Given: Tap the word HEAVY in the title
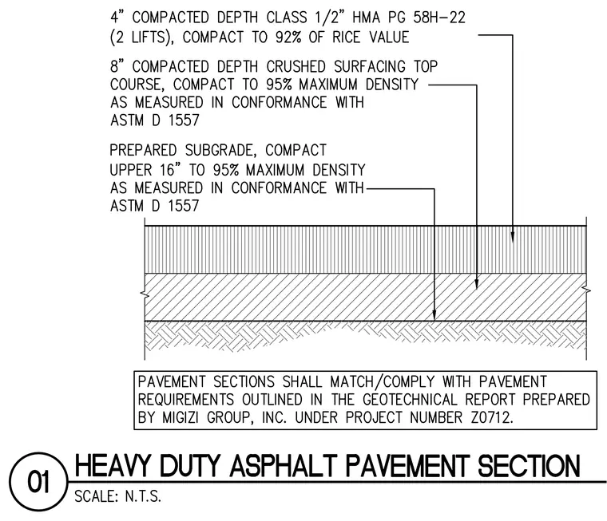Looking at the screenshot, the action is point(112,465).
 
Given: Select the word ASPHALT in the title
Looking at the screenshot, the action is point(284,465).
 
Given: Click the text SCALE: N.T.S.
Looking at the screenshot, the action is point(117,496).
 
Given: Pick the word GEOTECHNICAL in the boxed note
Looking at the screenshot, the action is point(410,399).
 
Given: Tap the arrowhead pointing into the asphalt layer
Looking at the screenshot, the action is point(513,237).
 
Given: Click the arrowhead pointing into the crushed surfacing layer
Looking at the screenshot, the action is point(477,284).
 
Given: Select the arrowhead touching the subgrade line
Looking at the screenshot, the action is point(434,315).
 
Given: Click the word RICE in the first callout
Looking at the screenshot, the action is point(346,37).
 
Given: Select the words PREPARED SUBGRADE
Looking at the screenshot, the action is point(182,150).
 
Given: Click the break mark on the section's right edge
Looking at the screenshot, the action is point(587,290).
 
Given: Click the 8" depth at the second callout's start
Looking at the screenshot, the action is point(117,66).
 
